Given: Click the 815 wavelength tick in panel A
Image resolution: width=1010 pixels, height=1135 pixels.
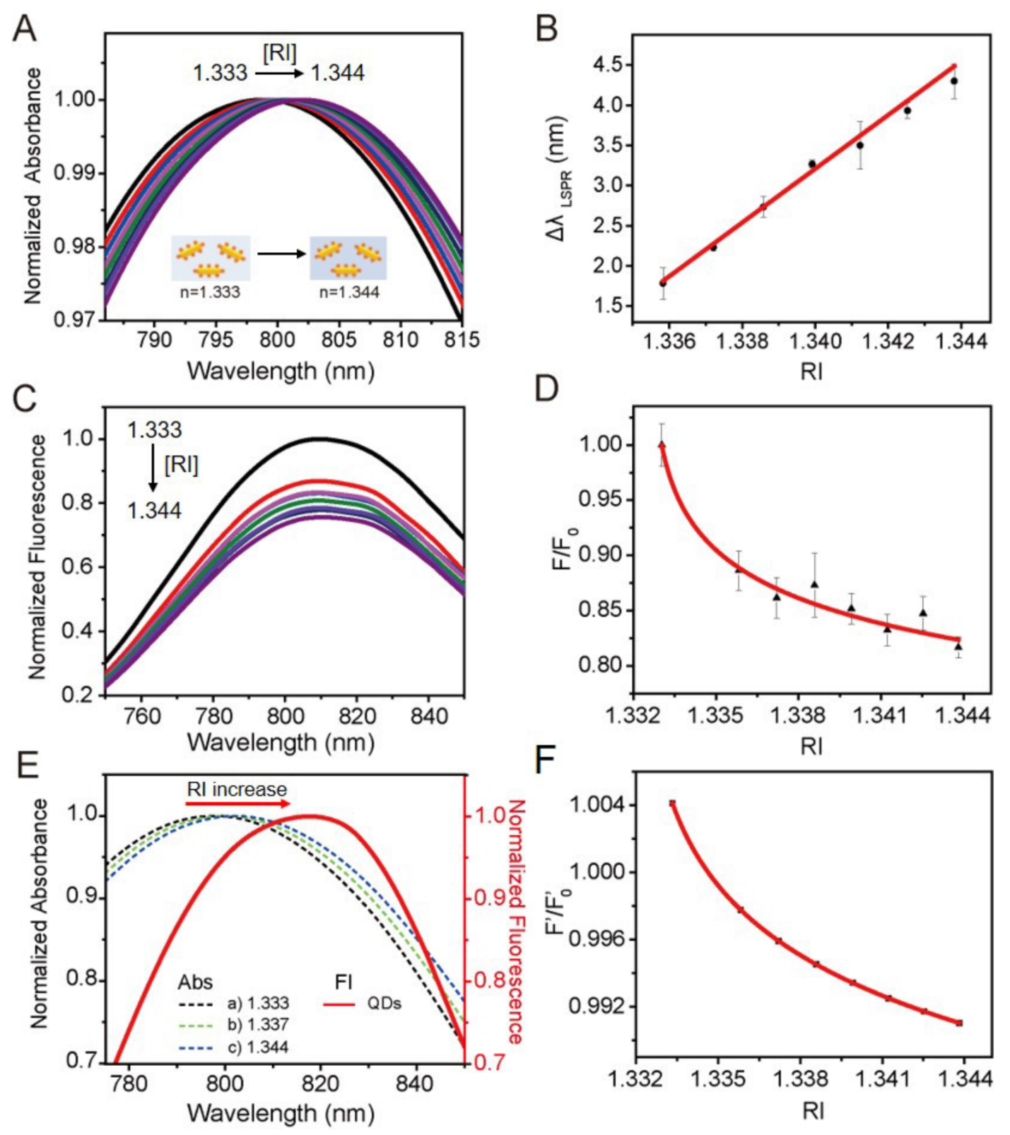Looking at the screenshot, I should click(x=462, y=340).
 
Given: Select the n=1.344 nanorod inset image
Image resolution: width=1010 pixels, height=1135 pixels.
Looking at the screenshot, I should click(x=348, y=258).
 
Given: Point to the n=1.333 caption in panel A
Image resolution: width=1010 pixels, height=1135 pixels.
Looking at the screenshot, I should click(x=210, y=291).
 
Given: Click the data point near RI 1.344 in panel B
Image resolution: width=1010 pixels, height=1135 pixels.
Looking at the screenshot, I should click(x=954, y=81).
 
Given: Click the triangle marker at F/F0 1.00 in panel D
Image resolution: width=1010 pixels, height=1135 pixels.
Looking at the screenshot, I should click(x=662, y=445).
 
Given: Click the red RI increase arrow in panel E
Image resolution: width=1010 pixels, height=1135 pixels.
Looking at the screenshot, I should click(x=238, y=804).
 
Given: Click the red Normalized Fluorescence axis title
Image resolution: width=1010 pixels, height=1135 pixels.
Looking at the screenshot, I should click(x=516, y=922).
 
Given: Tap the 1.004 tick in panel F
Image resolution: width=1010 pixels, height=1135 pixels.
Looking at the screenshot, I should click(x=595, y=805).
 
